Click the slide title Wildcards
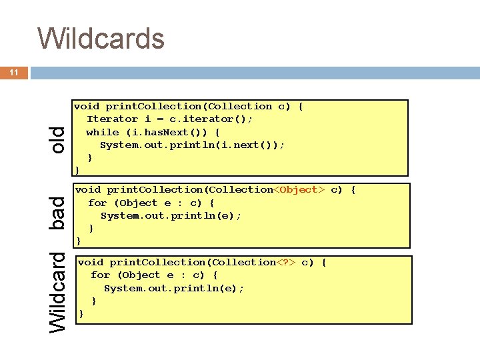(x=101, y=38)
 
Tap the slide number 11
(x=14, y=73)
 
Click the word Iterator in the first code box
(x=112, y=119)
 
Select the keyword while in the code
(x=103, y=132)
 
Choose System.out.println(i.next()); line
(x=192, y=145)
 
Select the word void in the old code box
(x=87, y=107)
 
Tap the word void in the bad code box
(x=88, y=190)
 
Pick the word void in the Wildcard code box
(x=91, y=263)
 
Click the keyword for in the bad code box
(x=97, y=203)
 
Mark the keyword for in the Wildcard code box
(x=101, y=275)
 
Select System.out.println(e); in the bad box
(x=171, y=215)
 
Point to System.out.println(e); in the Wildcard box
(x=174, y=288)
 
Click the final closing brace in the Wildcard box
(x=81, y=313)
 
